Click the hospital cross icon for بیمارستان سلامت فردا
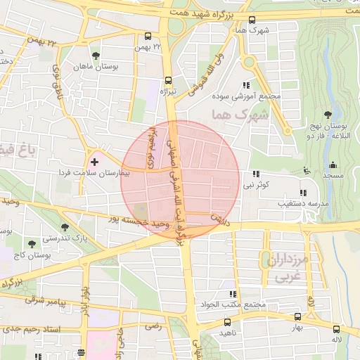tap(95, 162)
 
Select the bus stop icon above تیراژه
tap(167, 80)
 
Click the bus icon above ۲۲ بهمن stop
tap(148, 36)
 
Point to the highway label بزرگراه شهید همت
tap(210, 14)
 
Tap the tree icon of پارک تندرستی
tap(65, 227)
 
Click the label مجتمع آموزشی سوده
tap(245, 96)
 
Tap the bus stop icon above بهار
tap(297, 317)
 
